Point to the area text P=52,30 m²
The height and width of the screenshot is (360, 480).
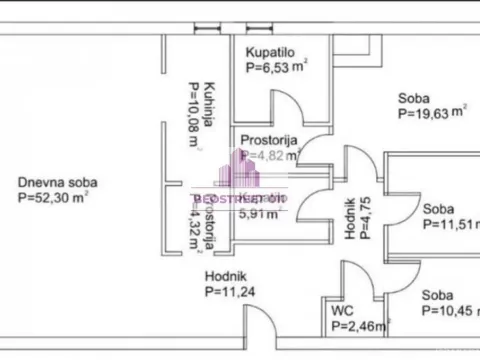pos(56,198)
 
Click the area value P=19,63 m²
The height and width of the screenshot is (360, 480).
pos(431,114)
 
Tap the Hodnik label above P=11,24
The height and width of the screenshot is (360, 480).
pos(225,276)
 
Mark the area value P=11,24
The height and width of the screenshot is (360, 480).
pos(231,292)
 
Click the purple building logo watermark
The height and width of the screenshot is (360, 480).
pos(251,169)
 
